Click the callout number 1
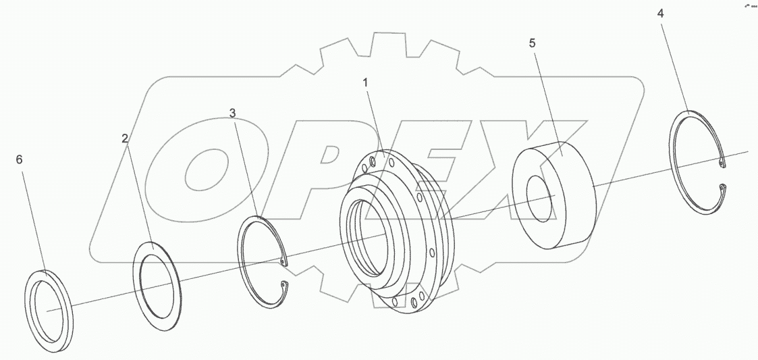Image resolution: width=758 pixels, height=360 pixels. coord(365,83)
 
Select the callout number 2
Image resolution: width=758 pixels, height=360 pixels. coord(125,138)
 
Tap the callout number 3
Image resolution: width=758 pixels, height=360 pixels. coord(233,113)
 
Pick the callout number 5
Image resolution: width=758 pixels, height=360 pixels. coord(532,43)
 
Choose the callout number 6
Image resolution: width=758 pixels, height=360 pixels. coord(19,159)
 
